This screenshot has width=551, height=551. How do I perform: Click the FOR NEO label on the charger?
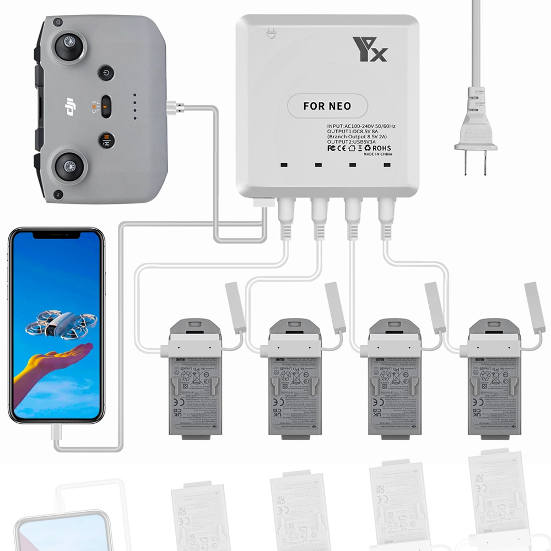tap(327, 105)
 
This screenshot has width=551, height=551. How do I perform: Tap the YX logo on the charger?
tap(371, 50)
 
